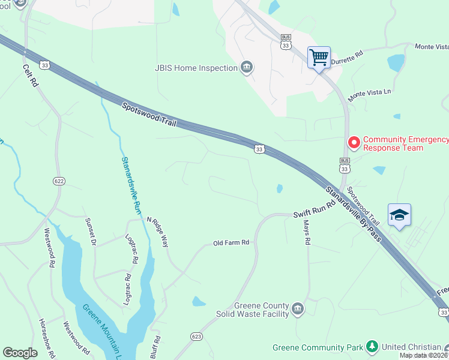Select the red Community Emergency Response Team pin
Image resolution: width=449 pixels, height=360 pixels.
tap(354, 143)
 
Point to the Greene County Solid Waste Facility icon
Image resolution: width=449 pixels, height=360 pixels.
tap(298, 310)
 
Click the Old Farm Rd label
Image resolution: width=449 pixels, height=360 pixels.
tap(231, 243)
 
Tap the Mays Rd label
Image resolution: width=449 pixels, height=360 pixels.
tap(306, 232)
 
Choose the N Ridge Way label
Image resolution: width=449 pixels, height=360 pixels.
tap(158, 232)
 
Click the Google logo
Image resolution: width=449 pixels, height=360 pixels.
tap(20, 353)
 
